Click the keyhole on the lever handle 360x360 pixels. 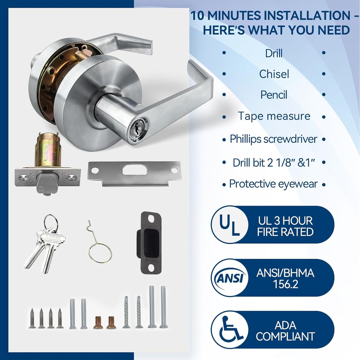(135, 130)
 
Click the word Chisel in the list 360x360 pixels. (274, 74)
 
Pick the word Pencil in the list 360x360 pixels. (274, 95)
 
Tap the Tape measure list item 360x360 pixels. (274, 116)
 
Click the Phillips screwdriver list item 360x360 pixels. (274, 139)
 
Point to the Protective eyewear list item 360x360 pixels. (274, 184)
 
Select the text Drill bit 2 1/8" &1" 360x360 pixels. (274, 162)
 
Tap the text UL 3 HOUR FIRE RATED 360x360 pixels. (285, 226)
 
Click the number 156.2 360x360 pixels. (285, 284)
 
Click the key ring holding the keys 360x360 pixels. (51, 222)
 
